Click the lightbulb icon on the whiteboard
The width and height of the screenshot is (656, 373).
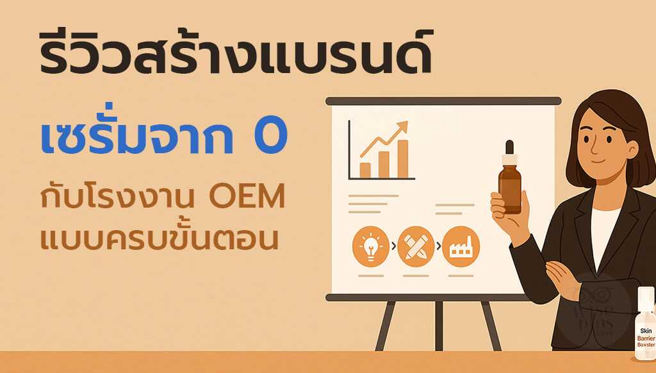pyautogui.click(x=371, y=245)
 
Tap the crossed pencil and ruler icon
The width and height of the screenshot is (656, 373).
pyautogui.click(x=416, y=245)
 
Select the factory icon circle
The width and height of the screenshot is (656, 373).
pyautogui.click(x=461, y=245)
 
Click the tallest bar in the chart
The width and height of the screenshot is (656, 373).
pyautogui.click(x=402, y=158)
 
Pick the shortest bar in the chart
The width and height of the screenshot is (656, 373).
pyautogui.click(x=365, y=169)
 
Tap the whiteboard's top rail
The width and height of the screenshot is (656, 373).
pyautogui.click(x=443, y=101)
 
